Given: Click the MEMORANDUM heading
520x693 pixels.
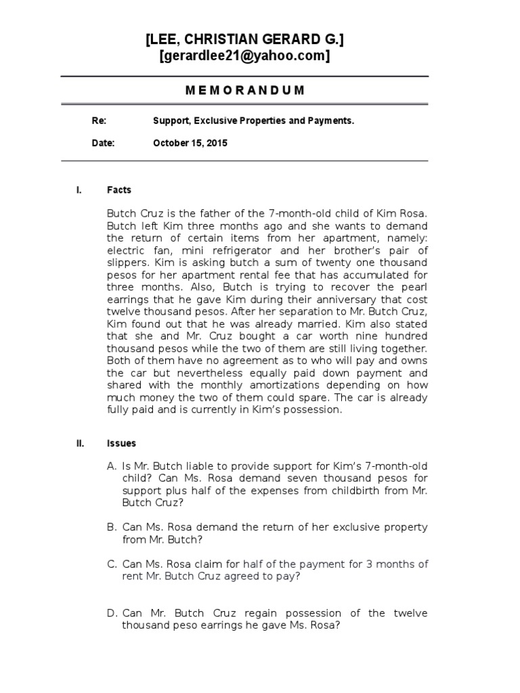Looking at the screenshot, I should pyautogui.click(x=244, y=90).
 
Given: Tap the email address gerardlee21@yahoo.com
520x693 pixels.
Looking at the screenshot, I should pyautogui.click(x=244, y=57).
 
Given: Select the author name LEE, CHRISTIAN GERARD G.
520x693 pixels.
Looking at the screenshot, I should pyautogui.click(x=244, y=41).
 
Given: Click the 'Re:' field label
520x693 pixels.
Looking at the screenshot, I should pyautogui.click(x=99, y=120).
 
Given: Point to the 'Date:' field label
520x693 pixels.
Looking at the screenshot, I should pyautogui.click(x=103, y=143).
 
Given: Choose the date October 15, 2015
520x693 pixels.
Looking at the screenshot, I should pyautogui.click(x=190, y=143).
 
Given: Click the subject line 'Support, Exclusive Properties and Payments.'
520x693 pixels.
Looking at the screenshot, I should pyautogui.click(x=253, y=120).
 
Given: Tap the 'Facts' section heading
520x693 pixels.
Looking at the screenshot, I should pyautogui.click(x=119, y=190).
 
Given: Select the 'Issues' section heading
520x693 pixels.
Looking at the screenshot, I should pyautogui.click(x=121, y=443).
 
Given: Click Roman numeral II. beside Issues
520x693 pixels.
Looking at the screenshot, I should pyautogui.click(x=80, y=443).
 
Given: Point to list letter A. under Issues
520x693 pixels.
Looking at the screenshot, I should pyautogui.click(x=112, y=467).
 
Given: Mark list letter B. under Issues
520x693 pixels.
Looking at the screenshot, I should pyautogui.click(x=112, y=527).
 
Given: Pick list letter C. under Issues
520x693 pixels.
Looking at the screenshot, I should pyautogui.click(x=112, y=564).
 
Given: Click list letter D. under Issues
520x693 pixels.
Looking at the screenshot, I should pyautogui.click(x=113, y=613).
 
